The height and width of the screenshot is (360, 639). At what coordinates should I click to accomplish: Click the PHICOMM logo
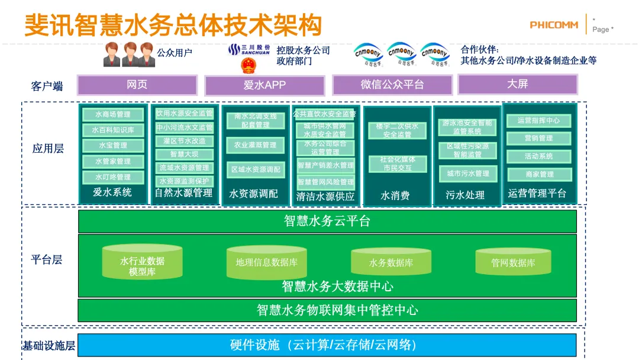[x=553, y=25]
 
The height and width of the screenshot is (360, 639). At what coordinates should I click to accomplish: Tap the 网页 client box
[x=137, y=85]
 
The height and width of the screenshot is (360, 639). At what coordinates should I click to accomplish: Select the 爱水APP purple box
[x=264, y=85]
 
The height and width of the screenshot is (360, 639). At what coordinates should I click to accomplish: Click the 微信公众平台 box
[x=392, y=85]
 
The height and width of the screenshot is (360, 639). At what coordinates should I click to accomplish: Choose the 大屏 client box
[x=518, y=84]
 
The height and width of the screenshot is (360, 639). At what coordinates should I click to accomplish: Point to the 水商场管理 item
[x=112, y=114]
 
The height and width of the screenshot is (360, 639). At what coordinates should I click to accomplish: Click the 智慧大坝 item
[x=184, y=155]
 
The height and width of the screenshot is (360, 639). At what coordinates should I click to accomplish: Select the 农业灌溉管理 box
[x=255, y=145]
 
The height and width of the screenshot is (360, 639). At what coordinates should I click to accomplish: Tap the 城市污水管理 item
[x=468, y=173]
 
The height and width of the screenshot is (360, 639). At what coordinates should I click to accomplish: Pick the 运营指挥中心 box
[x=538, y=121]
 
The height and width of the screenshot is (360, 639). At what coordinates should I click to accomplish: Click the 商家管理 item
[x=538, y=174]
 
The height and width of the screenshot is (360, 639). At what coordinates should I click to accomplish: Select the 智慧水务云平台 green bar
[x=327, y=221]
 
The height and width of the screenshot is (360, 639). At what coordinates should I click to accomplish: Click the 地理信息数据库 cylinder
[x=266, y=262]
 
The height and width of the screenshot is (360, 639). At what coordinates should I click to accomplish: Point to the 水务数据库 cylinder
[x=390, y=262]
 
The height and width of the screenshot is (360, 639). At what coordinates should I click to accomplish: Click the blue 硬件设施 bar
[x=327, y=345]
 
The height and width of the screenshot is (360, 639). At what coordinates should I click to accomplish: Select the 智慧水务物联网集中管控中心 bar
[x=327, y=310]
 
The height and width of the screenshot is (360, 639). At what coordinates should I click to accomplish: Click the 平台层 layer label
[x=47, y=259]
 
